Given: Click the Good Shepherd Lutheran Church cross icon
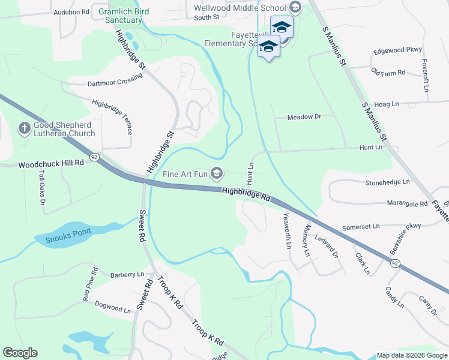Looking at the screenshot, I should [x=24, y=128].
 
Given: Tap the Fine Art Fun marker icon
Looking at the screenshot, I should [x=217, y=175].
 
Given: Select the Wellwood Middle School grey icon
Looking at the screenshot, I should [x=295, y=8].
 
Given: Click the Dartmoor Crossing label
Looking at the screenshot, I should [x=115, y=82].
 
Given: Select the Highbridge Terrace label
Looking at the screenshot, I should [x=112, y=116].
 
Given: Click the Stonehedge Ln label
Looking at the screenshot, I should [x=388, y=181].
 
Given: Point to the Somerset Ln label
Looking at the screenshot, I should [x=361, y=227].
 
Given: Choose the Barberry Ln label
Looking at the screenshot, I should [x=127, y=275].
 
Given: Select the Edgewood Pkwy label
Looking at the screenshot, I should [x=397, y=50].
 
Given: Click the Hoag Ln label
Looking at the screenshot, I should [x=387, y=104].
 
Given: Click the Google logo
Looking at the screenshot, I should [x=20, y=353].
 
